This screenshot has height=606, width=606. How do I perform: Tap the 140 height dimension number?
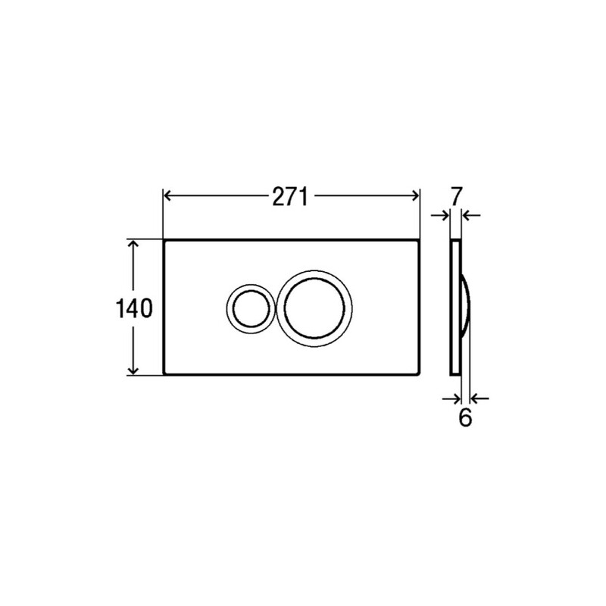click(134, 308)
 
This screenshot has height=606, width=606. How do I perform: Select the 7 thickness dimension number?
click(456, 196)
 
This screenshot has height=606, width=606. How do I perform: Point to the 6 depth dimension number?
click(465, 417)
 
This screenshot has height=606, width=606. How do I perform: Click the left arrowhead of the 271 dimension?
click(167, 195)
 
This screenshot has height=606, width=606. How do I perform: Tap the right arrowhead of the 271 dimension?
click(415, 195)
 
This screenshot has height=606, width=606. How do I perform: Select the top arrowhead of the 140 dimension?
click(133, 244)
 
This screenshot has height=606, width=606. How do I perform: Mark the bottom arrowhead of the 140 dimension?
click(133, 370)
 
